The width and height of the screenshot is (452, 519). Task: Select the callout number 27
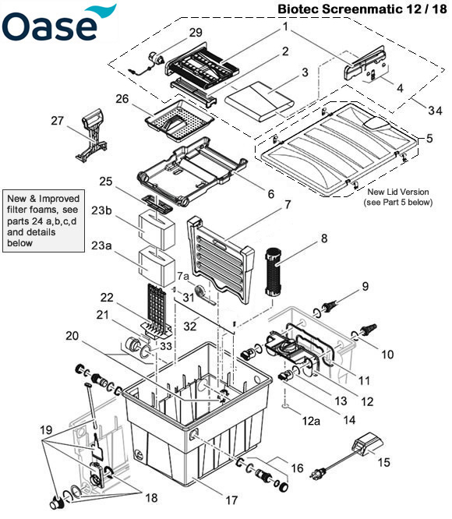tap(58, 121)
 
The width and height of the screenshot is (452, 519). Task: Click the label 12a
tap(311, 421)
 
